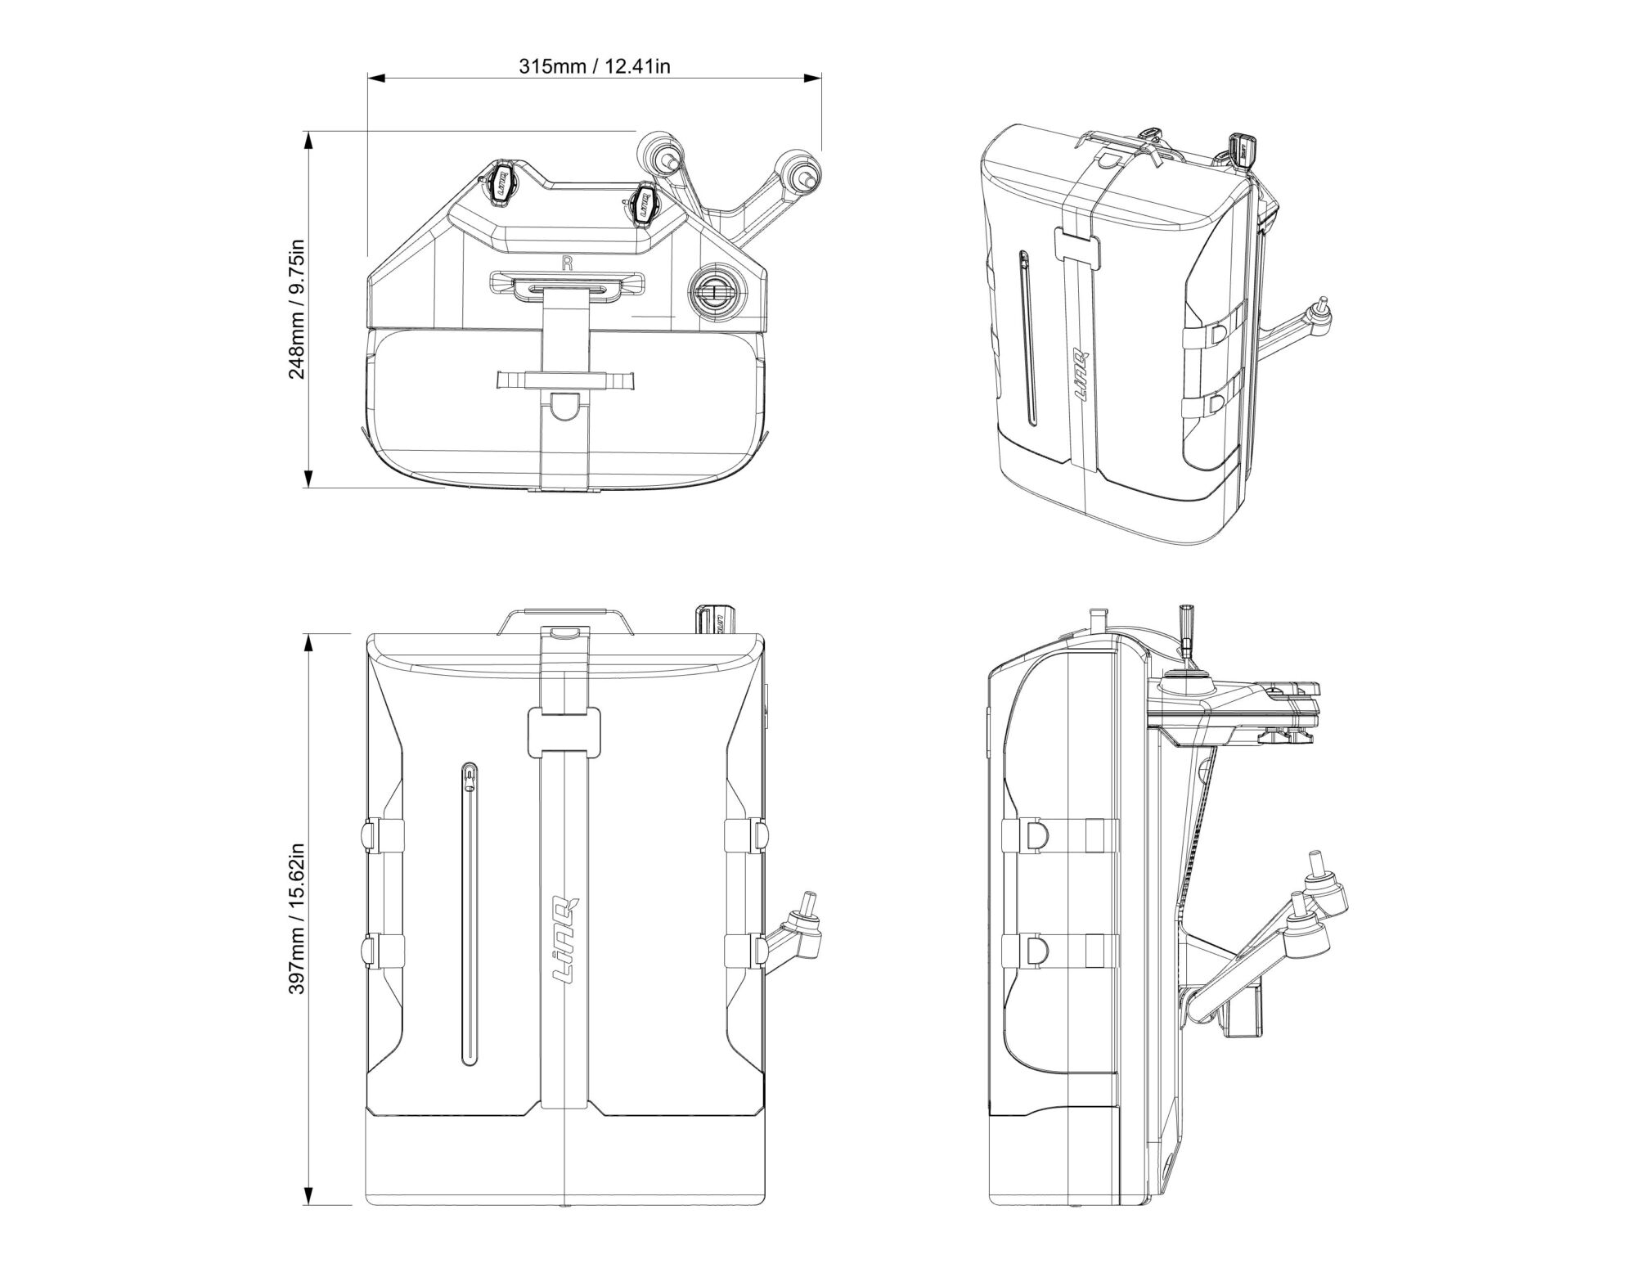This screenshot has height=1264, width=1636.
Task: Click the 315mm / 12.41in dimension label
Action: (595, 66)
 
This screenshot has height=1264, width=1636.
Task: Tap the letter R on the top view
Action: (566, 263)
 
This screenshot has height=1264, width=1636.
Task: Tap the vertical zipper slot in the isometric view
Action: (1027, 336)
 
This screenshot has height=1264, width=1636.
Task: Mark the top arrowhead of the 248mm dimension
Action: (308, 142)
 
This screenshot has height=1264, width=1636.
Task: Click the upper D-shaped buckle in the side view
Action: (1036, 834)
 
